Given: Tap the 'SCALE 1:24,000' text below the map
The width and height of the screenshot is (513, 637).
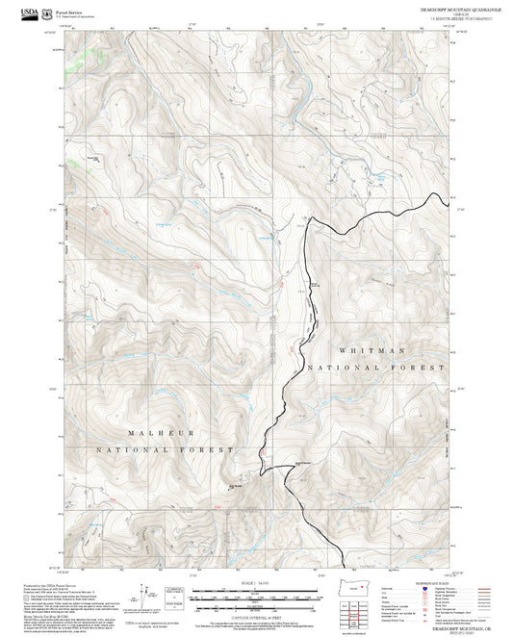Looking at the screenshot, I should point(255,583).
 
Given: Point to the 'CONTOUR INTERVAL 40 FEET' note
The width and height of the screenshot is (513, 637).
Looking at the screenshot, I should point(255,617).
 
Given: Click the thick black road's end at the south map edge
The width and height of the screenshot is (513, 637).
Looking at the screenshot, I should point(345,568).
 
